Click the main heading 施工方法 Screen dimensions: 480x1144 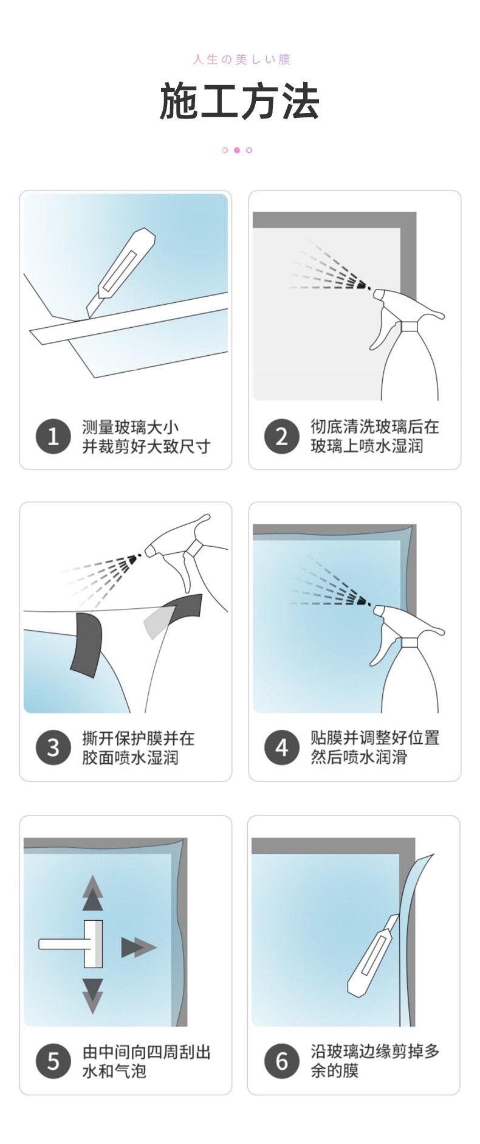(239, 102)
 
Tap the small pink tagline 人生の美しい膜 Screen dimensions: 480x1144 (242, 59)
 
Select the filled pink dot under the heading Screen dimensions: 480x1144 (237, 150)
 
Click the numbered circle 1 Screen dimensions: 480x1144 (53, 436)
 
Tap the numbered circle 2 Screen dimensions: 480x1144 (282, 436)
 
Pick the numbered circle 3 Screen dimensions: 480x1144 (53, 747)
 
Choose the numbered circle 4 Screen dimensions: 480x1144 (282, 747)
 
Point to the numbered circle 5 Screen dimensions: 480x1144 (53, 1061)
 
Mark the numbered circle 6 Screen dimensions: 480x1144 (282, 1061)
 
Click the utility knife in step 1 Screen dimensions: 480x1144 (120, 271)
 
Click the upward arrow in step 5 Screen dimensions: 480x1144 (92, 893)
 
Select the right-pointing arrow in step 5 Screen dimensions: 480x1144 (139, 948)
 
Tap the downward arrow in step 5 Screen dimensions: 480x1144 (92, 996)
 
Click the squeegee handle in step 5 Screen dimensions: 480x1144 (61, 944)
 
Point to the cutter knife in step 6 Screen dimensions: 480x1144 (373, 955)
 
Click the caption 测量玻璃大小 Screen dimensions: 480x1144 (131, 427)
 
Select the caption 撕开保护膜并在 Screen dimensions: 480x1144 (139, 738)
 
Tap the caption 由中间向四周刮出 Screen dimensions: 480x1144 (146, 1052)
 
